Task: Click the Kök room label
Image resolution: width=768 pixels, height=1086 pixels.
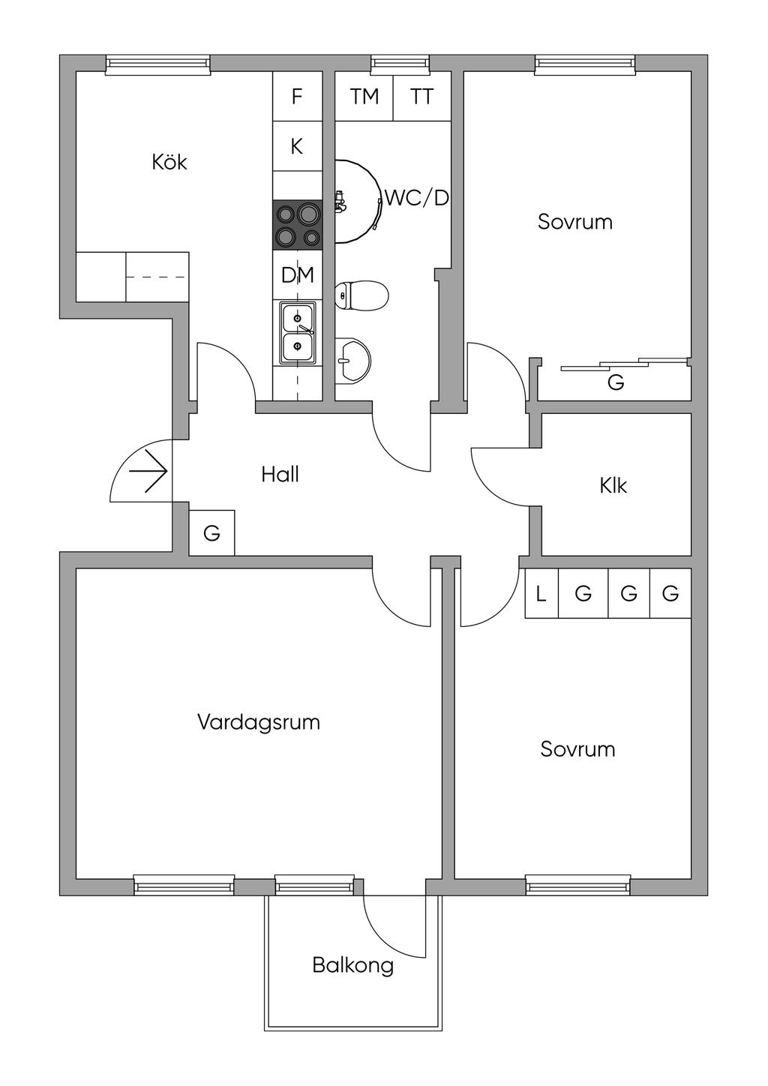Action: (x=169, y=162)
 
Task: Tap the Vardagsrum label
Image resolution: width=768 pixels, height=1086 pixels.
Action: (x=259, y=722)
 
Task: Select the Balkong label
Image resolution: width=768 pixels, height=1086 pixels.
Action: (x=352, y=966)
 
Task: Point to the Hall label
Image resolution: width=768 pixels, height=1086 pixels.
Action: (x=280, y=474)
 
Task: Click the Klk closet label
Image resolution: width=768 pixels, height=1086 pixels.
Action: (x=613, y=485)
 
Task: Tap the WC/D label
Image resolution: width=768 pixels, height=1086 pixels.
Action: (x=417, y=198)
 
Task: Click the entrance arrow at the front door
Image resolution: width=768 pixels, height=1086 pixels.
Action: (x=148, y=471)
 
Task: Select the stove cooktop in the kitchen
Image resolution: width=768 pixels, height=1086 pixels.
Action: (x=297, y=225)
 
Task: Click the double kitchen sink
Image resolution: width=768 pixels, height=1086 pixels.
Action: (x=298, y=332)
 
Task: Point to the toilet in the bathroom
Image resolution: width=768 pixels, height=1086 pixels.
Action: (x=361, y=295)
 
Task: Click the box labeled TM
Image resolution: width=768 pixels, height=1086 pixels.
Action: (x=364, y=96)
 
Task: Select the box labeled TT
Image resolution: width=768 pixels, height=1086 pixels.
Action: (x=421, y=96)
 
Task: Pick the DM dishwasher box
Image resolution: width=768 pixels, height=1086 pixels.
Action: (x=297, y=275)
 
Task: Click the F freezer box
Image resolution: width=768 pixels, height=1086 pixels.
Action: (x=297, y=96)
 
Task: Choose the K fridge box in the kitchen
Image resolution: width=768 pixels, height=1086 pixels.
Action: (x=297, y=145)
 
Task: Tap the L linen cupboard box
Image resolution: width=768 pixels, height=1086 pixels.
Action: (x=541, y=593)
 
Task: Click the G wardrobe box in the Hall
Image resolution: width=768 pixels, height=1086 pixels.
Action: (x=211, y=532)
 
